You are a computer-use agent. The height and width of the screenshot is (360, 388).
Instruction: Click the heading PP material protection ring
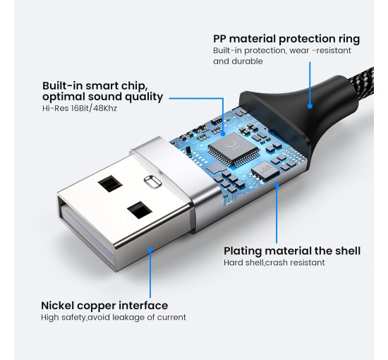tap(286, 39)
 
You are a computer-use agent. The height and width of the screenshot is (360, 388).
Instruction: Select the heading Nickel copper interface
tap(104, 306)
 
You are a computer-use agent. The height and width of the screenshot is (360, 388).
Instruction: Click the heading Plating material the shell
tap(292, 251)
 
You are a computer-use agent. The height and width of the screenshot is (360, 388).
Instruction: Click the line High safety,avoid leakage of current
tap(114, 318)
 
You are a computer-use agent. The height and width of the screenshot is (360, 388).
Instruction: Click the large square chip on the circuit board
tap(226, 148)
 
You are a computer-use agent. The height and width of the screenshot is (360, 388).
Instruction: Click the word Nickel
tap(61, 306)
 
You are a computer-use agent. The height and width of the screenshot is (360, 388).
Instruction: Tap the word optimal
tap(63, 97)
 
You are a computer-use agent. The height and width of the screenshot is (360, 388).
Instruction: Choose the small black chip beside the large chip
tap(262, 169)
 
